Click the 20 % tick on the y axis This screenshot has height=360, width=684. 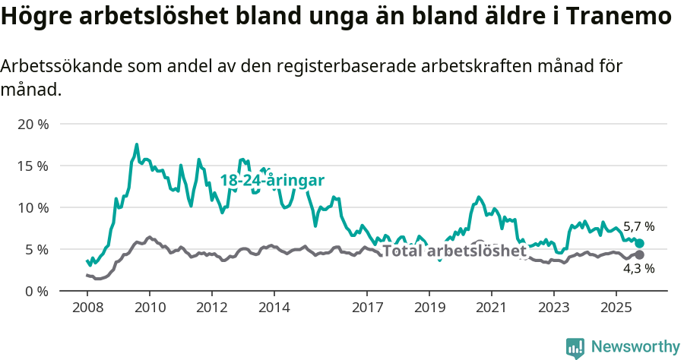tap(33, 124)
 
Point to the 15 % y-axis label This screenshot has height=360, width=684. tap(33, 166)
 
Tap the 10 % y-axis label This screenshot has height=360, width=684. tap(33, 207)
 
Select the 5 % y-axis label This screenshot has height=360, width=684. tap(36, 249)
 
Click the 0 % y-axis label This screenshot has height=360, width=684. tap(36, 291)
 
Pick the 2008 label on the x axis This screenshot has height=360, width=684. tap(87, 308)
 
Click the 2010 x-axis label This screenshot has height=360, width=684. tap(149, 308)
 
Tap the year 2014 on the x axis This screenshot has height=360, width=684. tap(274, 308)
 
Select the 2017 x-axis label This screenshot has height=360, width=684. tap(367, 308)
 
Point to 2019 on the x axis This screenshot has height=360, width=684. tap(429, 308)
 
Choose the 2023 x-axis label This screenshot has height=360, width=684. tap(553, 308)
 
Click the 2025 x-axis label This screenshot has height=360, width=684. tap(616, 308)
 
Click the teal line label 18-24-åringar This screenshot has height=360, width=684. tap(272, 181)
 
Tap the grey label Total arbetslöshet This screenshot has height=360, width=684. tap(454, 251)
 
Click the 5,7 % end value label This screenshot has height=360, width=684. tap(638, 226)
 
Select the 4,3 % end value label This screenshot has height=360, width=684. tap(638, 268)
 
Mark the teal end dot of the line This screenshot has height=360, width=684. tap(639, 243)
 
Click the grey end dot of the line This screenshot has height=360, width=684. tap(639, 255)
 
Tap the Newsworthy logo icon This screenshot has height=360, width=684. tap(575, 347)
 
